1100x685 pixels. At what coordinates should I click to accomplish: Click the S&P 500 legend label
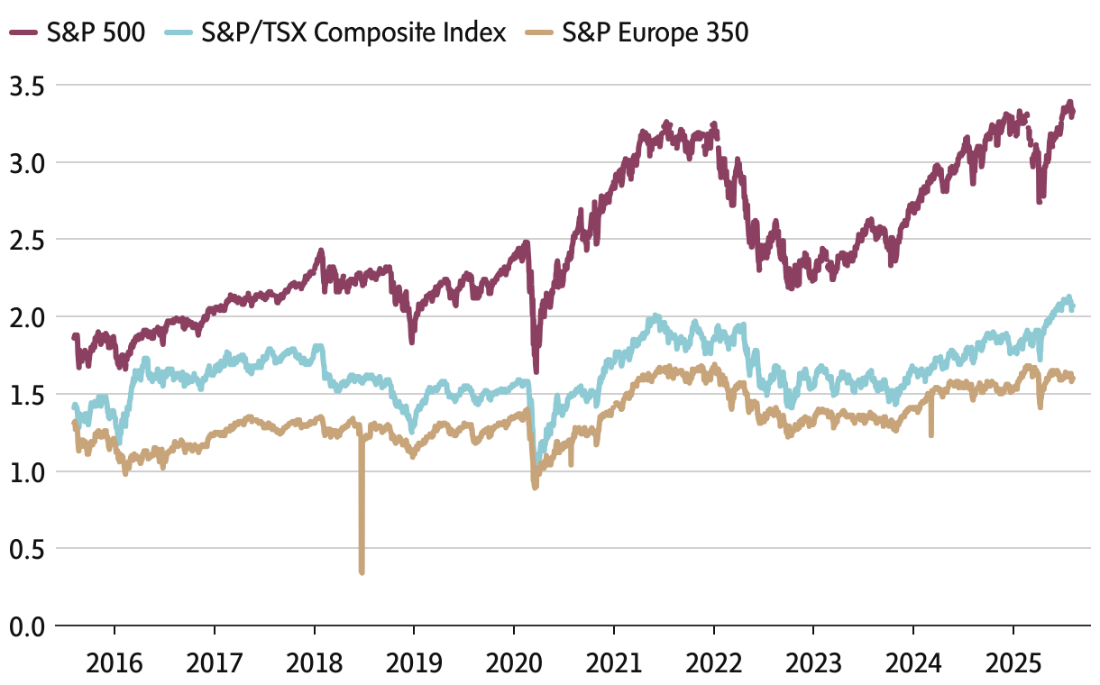pyautogui.click(x=95, y=33)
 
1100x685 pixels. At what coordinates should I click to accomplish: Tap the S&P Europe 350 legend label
pyautogui.click(x=655, y=33)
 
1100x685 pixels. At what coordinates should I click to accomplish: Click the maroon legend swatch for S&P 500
pyautogui.click(x=23, y=33)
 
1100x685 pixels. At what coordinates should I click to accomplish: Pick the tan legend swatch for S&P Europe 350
pyautogui.click(x=540, y=33)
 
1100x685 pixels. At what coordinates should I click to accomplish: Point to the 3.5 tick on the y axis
pyautogui.click(x=27, y=86)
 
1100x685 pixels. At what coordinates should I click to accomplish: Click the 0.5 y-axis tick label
pyautogui.click(x=27, y=548)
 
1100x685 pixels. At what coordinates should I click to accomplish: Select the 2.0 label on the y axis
pyautogui.click(x=27, y=317)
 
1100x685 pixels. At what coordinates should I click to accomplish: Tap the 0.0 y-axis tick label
pyautogui.click(x=27, y=626)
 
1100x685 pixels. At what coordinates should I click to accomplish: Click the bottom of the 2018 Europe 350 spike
pyautogui.click(x=362, y=571)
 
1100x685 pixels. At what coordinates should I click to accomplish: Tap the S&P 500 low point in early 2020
pyautogui.click(x=536, y=370)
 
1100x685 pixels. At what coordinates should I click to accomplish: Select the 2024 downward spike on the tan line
pyautogui.click(x=931, y=435)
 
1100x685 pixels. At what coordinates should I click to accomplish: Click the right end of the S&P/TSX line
pyautogui.click(x=1072, y=306)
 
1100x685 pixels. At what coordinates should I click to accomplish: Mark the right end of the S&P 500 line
pyautogui.click(x=1072, y=112)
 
